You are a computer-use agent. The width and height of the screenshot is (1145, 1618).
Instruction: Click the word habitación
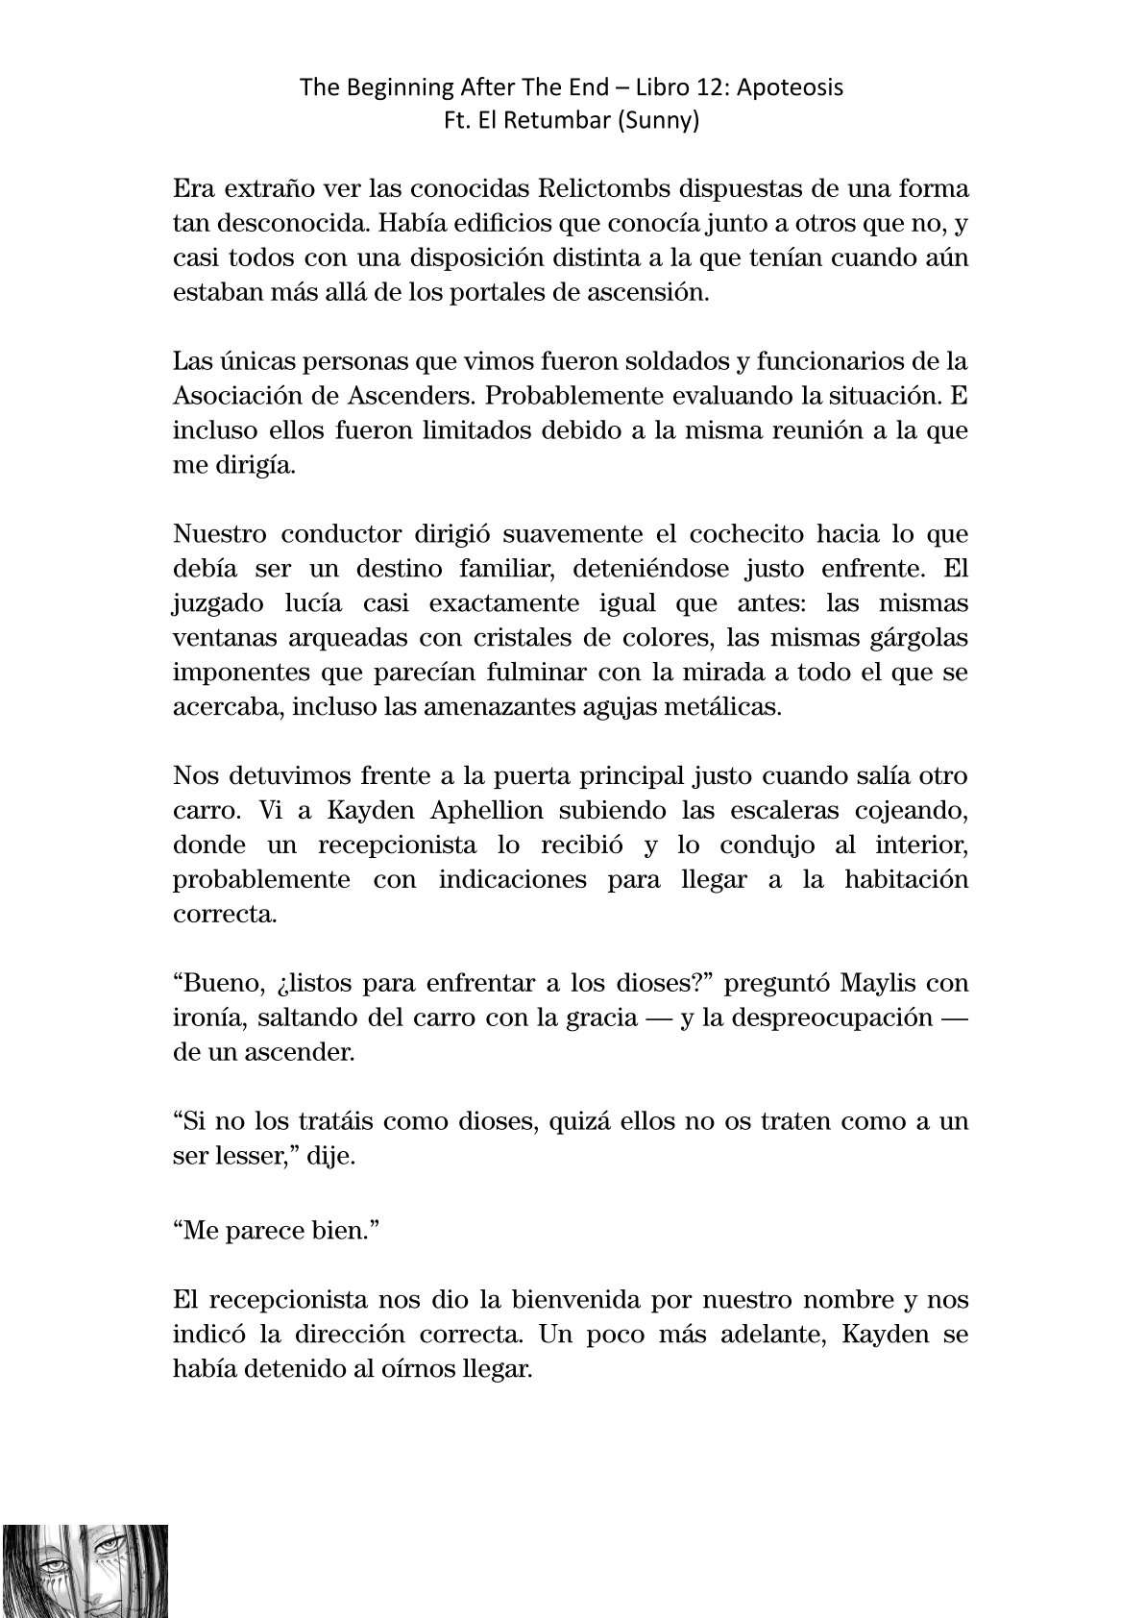click(906, 879)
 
